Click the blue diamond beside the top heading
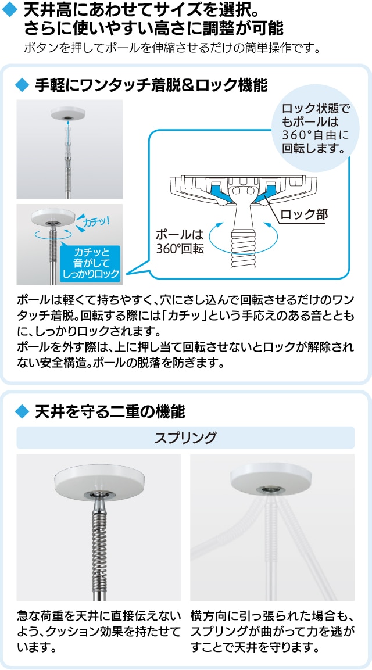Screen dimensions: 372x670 click(x=10, y=10)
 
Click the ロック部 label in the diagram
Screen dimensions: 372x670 click(x=304, y=214)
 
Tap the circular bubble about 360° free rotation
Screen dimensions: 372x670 click(x=316, y=128)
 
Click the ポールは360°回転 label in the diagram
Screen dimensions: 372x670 click(x=179, y=242)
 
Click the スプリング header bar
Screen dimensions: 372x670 click(x=185, y=438)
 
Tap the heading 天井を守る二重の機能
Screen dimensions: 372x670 click(x=109, y=413)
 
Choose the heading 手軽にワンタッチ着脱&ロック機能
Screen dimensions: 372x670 click(x=151, y=85)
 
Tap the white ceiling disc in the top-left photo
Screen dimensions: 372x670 click(x=68, y=113)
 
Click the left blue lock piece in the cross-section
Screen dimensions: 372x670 click(x=217, y=188)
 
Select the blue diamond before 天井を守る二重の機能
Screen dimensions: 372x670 click(x=21, y=413)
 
